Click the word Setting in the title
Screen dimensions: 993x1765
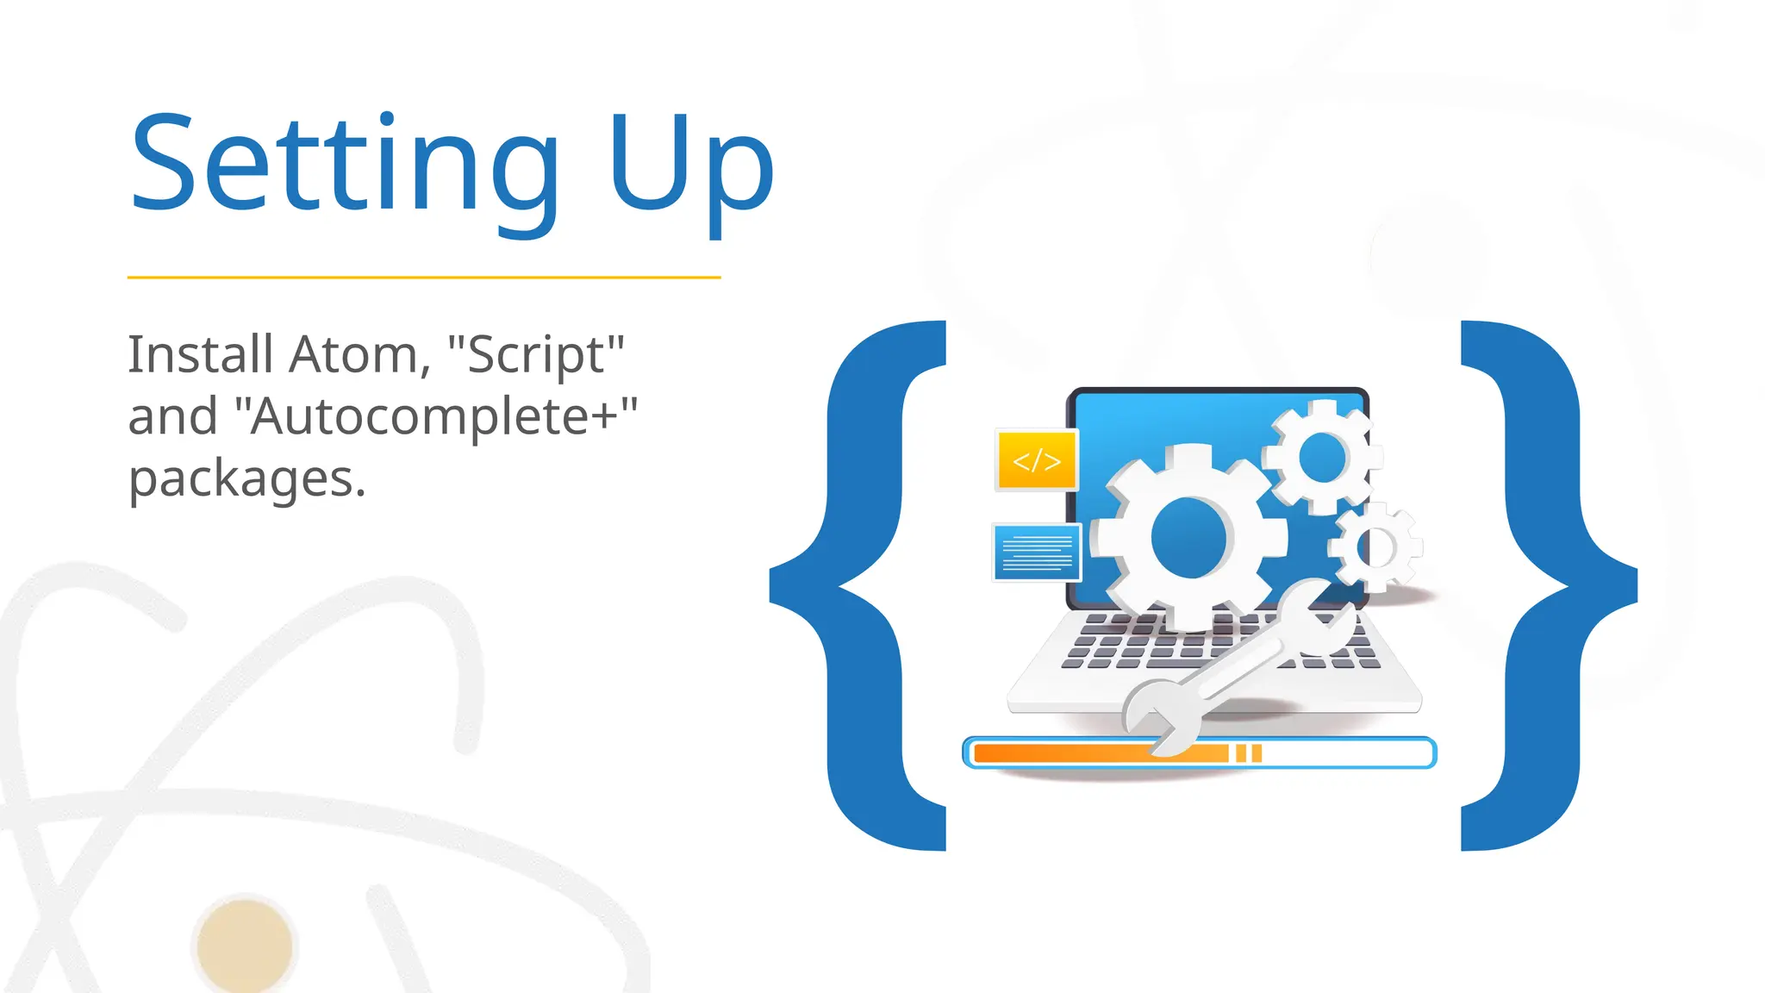(x=345, y=164)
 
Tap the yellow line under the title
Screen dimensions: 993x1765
(x=424, y=278)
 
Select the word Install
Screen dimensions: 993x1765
(x=201, y=354)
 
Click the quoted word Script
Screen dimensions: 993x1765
(x=536, y=354)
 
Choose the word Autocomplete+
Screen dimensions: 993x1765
(x=443, y=416)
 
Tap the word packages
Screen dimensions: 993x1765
(x=246, y=478)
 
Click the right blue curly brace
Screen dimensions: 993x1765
(x=1543, y=586)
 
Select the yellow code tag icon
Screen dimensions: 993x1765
(x=1037, y=460)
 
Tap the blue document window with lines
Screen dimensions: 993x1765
(x=1037, y=553)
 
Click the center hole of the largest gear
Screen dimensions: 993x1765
(x=1188, y=538)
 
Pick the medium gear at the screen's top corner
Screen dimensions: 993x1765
(x=1322, y=457)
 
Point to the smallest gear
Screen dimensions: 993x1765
(x=1375, y=547)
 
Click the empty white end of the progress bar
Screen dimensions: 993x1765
(x=1344, y=753)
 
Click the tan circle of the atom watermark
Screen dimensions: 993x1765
(x=245, y=946)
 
